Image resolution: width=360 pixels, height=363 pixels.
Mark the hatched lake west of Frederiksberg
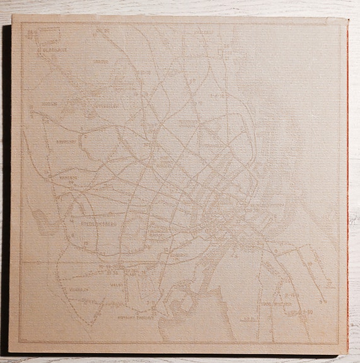point(38,218)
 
